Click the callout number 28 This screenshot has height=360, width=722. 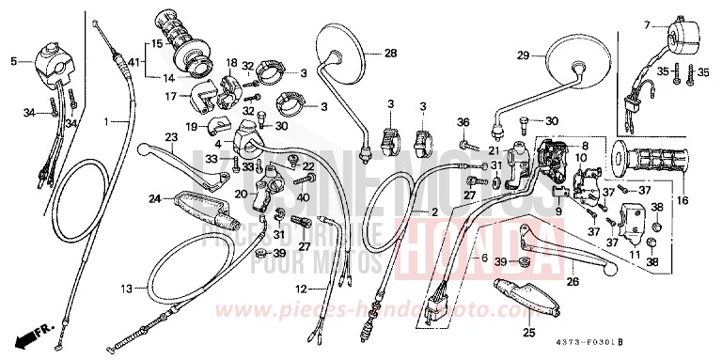pyautogui.click(x=389, y=53)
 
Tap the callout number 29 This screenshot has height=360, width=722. pyautogui.click(x=525, y=55)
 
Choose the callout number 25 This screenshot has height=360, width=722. pyautogui.click(x=528, y=332)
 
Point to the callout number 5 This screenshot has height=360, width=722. pyautogui.click(x=13, y=61)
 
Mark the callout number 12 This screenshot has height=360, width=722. pyautogui.click(x=301, y=289)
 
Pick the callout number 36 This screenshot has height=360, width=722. pyautogui.click(x=463, y=123)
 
